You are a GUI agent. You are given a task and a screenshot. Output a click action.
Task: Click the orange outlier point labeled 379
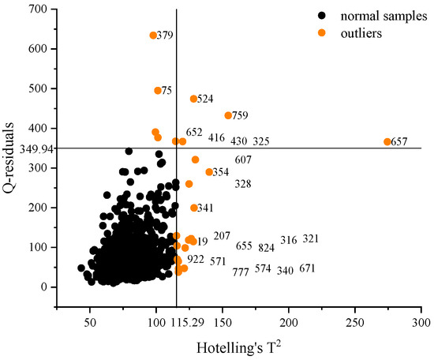153,36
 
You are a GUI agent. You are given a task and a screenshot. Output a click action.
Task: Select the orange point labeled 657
387,142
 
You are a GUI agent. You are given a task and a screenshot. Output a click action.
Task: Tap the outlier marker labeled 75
158,91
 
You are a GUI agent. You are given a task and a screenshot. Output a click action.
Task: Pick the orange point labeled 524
193,99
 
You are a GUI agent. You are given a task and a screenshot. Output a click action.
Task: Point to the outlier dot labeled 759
228,115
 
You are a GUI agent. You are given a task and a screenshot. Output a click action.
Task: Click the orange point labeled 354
209,172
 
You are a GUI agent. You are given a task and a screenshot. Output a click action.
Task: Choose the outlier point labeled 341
193,208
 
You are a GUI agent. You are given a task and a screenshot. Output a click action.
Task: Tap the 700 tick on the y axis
34,9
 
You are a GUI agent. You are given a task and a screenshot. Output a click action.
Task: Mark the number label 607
243,160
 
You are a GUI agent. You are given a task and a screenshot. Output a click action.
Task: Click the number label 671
307,269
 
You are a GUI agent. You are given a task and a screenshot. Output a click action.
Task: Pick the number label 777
241,272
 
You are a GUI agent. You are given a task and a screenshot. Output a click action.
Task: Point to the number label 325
261,141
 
